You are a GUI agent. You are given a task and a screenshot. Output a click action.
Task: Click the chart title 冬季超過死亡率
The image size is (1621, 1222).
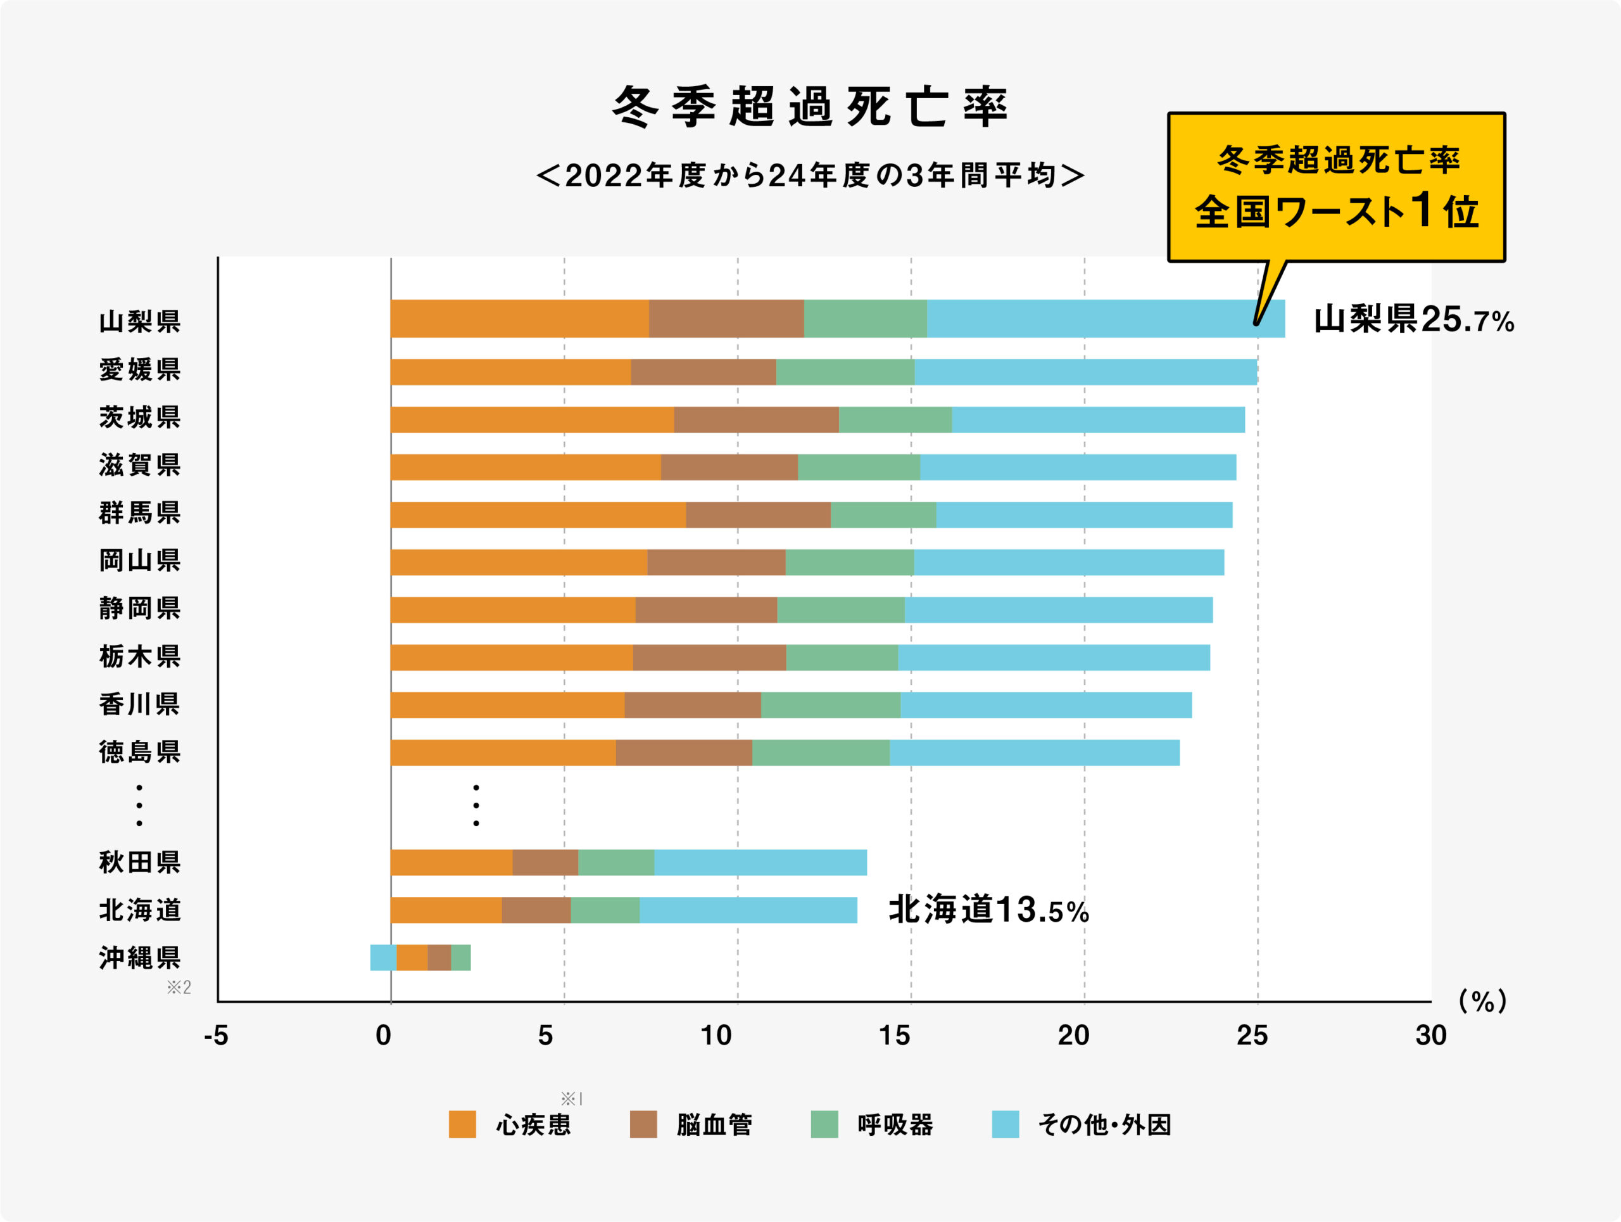(810, 107)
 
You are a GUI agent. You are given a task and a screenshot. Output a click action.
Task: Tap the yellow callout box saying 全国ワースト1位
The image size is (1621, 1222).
(1336, 187)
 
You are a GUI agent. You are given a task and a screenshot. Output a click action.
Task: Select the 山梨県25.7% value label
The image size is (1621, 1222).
(1413, 320)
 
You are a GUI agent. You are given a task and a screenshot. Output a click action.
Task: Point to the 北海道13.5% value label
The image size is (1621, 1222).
(988, 910)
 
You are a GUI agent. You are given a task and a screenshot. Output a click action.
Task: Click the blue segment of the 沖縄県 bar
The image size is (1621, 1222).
(383, 957)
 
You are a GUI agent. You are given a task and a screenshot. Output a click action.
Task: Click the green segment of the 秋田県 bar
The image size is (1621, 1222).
(615, 862)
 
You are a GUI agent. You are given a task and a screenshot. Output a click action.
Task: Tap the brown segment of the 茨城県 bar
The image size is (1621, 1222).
(755, 419)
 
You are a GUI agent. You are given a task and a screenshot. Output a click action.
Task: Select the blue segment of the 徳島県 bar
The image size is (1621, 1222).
(1034, 753)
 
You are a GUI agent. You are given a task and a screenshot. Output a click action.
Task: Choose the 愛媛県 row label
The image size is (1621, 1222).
(139, 369)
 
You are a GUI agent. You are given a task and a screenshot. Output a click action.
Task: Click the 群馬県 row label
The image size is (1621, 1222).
(139, 512)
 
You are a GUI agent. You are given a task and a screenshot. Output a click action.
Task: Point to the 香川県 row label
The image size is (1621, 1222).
(139, 704)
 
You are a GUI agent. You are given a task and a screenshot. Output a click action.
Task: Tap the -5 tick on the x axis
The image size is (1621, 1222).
(216, 1035)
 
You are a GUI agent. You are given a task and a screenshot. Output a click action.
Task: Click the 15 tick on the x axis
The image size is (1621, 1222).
(894, 1035)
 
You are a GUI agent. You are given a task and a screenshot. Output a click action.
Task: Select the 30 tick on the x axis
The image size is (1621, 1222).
(1430, 1035)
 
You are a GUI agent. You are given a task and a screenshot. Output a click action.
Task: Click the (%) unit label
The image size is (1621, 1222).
(1482, 1001)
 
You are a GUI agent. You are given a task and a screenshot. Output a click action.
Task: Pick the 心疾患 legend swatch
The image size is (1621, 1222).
(462, 1124)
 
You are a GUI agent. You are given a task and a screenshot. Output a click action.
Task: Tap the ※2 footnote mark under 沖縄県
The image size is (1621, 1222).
(179, 988)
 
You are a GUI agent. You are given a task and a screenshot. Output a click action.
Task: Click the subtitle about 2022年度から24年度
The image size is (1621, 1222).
(810, 176)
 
